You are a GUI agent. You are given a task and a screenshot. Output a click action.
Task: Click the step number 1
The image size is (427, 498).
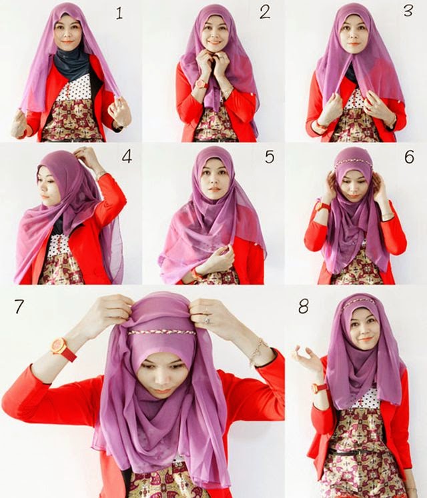point(119,13)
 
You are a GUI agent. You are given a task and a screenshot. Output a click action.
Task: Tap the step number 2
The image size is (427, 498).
point(265,13)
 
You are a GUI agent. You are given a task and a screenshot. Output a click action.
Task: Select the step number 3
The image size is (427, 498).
point(408,11)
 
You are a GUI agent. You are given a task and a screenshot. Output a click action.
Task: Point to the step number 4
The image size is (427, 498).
point(127,157)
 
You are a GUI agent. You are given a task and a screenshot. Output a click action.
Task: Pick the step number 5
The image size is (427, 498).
point(270,157)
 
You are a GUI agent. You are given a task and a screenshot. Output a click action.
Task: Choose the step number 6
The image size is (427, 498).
point(410,157)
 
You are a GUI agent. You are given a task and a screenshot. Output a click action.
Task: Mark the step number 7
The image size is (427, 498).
point(19,307)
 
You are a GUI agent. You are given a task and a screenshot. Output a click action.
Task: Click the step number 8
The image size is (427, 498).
point(304,307)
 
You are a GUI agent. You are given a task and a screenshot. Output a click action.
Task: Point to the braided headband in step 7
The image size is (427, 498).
point(162,332)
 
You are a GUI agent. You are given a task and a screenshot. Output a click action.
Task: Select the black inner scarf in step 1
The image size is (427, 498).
point(71,65)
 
